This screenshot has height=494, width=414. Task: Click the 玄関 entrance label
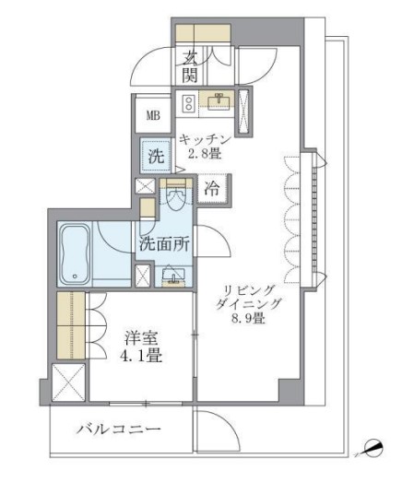point(191,65)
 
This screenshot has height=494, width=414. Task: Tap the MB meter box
point(150,118)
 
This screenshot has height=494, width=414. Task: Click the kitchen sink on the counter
point(219,101)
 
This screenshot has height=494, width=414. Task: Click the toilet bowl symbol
point(175,199)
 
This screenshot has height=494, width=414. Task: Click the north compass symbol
point(372,449)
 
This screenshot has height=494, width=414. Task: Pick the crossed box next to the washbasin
point(143,276)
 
